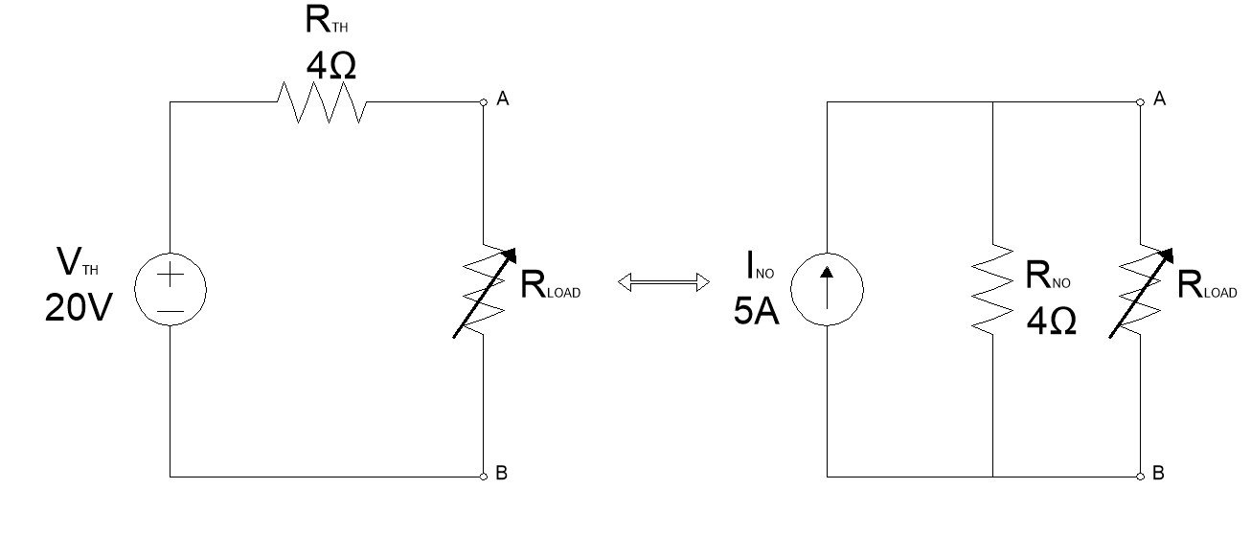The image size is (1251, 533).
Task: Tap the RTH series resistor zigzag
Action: (x=321, y=101)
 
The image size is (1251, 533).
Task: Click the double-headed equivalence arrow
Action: (x=663, y=281)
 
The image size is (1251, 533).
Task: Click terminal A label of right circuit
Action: (x=1159, y=100)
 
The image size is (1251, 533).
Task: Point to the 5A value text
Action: (x=757, y=311)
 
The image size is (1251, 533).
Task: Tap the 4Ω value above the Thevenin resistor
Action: (x=331, y=65)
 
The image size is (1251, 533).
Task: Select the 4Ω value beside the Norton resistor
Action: (x=1051, y=319)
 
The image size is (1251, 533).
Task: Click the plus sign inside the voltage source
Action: (x=170, y=276)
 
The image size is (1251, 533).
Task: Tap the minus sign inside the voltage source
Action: (x=170, y=309)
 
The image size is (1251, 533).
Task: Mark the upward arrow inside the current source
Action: (x=827, y=282)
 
